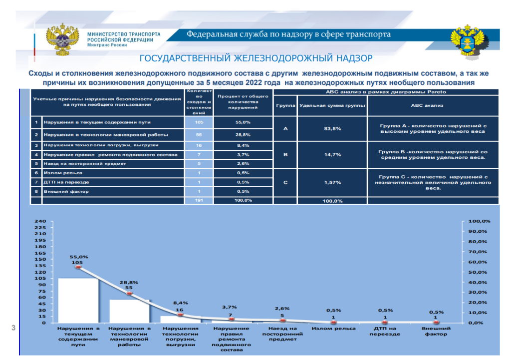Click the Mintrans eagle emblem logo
(x=62, y=39)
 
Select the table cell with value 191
(x=200, y=200)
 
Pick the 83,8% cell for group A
(x=332, y=128)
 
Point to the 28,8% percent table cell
(x=243, y=135)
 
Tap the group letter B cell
(x=285, y=154)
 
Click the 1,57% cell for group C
(x=332, y=182)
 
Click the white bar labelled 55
(x=129, y=311)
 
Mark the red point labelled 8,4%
(x=181, y=315)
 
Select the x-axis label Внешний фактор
(x=436, y=331)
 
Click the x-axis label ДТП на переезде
(x=385, y=331)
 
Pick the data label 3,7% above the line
(x=231, y=307)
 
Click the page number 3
(x=13, y=328)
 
